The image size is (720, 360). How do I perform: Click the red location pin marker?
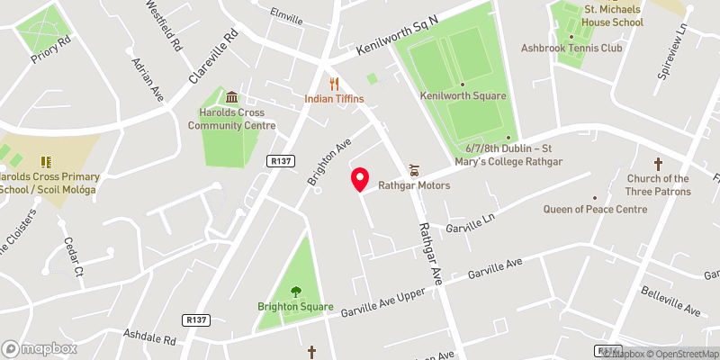click(x=360, y=180)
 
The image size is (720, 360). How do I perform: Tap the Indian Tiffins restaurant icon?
click(x=334, y=83)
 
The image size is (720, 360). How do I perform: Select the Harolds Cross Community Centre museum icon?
click(x=232, y=97)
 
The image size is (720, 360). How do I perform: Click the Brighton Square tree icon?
click(x=295, y=290)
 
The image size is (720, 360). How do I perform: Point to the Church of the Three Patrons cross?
click(x=658, y=164)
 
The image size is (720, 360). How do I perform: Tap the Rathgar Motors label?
click(x=414, y=185)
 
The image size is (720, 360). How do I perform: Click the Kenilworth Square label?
click(x=463, y=95)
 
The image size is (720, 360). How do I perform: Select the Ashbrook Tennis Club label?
click(x=571, y=48)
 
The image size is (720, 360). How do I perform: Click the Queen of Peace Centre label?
click(x=595, y=209)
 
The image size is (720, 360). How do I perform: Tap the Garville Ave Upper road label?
click(x=382, y=305)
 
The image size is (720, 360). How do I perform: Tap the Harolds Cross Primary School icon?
click(x=46, y=162)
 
